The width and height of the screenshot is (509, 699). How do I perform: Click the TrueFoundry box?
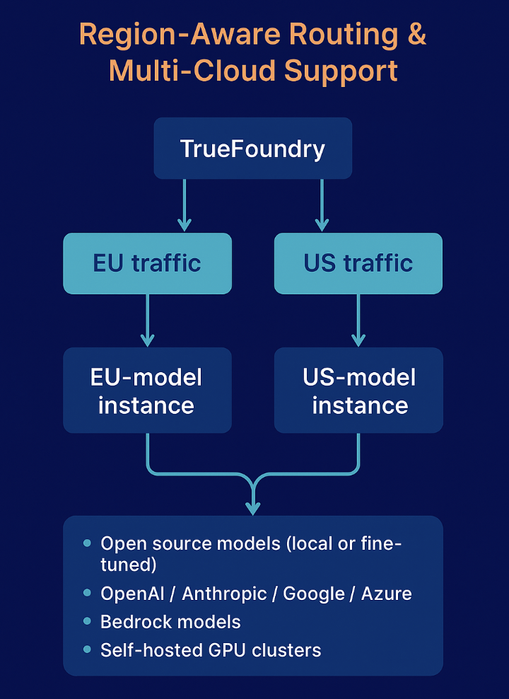(252, 149)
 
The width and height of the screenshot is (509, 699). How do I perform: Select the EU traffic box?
(147, 263)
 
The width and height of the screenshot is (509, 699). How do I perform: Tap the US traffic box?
(358, 263)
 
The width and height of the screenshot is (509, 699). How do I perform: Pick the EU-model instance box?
(147, 391)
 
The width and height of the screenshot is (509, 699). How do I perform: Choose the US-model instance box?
(358, 391)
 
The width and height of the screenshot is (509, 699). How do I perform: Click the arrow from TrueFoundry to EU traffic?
(185, 205)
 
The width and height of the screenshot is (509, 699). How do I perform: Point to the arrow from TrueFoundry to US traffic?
(322, 205)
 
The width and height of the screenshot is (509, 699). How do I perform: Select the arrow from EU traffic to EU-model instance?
(147, 320)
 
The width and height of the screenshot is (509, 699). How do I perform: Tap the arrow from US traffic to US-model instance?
(358, 320)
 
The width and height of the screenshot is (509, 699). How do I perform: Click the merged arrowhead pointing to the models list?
(253, 505)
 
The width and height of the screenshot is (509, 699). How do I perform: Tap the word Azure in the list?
(386, 593)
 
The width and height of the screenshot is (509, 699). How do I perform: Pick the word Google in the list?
(314, 593)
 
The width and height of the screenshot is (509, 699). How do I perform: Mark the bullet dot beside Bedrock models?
(87, 621)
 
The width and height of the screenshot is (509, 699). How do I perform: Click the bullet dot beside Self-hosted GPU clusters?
(87, 649)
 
